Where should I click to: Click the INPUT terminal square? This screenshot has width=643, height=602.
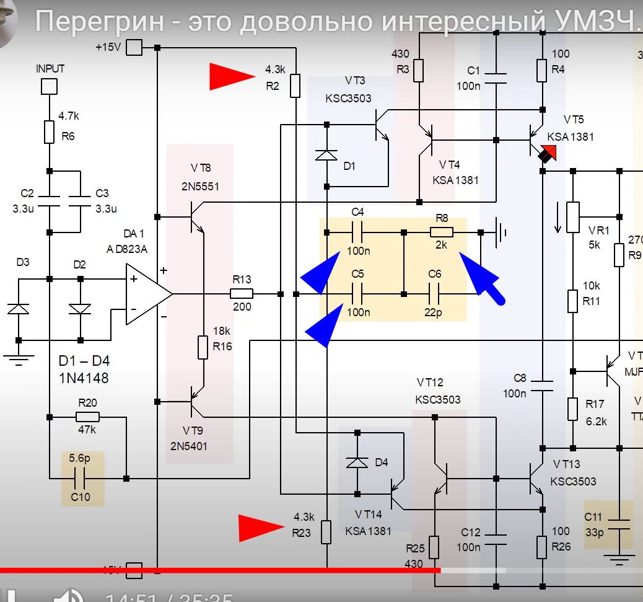click(x=50, y=86)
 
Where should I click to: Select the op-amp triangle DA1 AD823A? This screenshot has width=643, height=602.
click(x=147, y=294)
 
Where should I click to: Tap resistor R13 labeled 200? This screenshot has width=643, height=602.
click(x=241, y=294)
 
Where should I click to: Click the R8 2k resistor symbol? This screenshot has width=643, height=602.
click(x=442, y=233)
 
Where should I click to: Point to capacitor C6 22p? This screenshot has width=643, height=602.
click(x=434, y=294)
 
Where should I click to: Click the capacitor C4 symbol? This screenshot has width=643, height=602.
click(x=357, y=233)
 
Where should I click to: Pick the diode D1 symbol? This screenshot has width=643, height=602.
click(x=326, y=155)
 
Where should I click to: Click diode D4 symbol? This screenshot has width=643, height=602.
click(x=357, y=463)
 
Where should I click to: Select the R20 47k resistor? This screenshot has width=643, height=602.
click(x=87, y=417)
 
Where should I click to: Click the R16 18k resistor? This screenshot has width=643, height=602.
click(x=203, y=347)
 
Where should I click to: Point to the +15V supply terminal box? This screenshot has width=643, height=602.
click(x=134, y=47)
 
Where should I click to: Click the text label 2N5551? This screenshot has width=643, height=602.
click(x=201, y=187)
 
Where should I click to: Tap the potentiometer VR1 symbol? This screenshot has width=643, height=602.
click(x=573, y=218)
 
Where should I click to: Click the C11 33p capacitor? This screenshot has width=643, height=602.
click(x=619, y=524)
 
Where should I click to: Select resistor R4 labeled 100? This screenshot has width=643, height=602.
click(x=542, y=71)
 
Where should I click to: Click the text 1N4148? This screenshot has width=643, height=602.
click(x=84, y=377)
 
